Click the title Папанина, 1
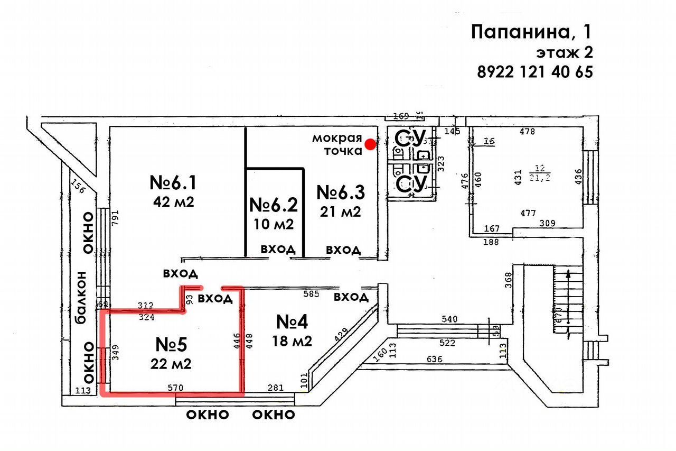coord(531,32)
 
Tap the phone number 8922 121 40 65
coord(534,71)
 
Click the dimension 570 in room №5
coord(176,388)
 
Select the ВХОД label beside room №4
coord(351,297)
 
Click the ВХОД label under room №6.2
coord(278,250)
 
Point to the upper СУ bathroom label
coord(410,140)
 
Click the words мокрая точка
coord(337,144)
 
